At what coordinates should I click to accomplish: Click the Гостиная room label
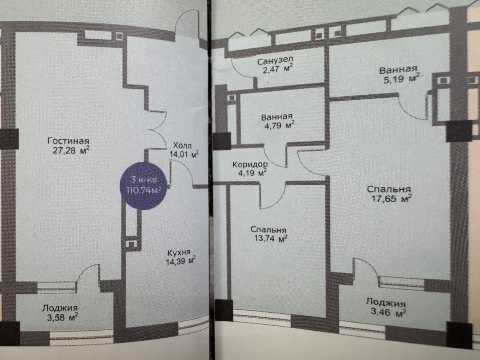pyautogui.click(x=68, y=141)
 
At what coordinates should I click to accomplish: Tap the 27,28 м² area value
pyautogui.click(x=71, y=150)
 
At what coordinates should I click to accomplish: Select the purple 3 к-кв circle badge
pyautogui.click(x=143, y=186)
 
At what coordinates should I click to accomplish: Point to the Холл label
pyautogui.click(x=182, y=145)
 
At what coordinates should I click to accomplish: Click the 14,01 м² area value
pyautogui.click(x=184, y=154)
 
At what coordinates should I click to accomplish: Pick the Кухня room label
pyautogui.click(x=179, y=253)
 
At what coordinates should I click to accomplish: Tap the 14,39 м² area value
pyautogui.click(x=180, y=261)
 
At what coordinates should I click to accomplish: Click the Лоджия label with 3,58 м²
pyautogui.click(x=60, y=308)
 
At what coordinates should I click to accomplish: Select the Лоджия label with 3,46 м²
pyautogui.click(x=386, y=303)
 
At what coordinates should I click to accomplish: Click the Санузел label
pyautogui.click(x=275, y=60)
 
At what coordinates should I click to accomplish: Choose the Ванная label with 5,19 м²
pyautogui.click(x=398, y=70)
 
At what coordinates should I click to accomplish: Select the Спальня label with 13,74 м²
pyautogui.click(x=268, y=230)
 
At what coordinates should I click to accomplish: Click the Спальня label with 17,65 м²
pyautogui.click(x=389, y=189)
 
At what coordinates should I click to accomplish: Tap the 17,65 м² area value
pyautogui.click(x=392, y=199)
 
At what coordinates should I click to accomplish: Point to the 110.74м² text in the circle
pyautogui.click(x=144, y=190)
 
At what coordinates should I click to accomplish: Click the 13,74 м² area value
pyautogui.click(x=271, y=238)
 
